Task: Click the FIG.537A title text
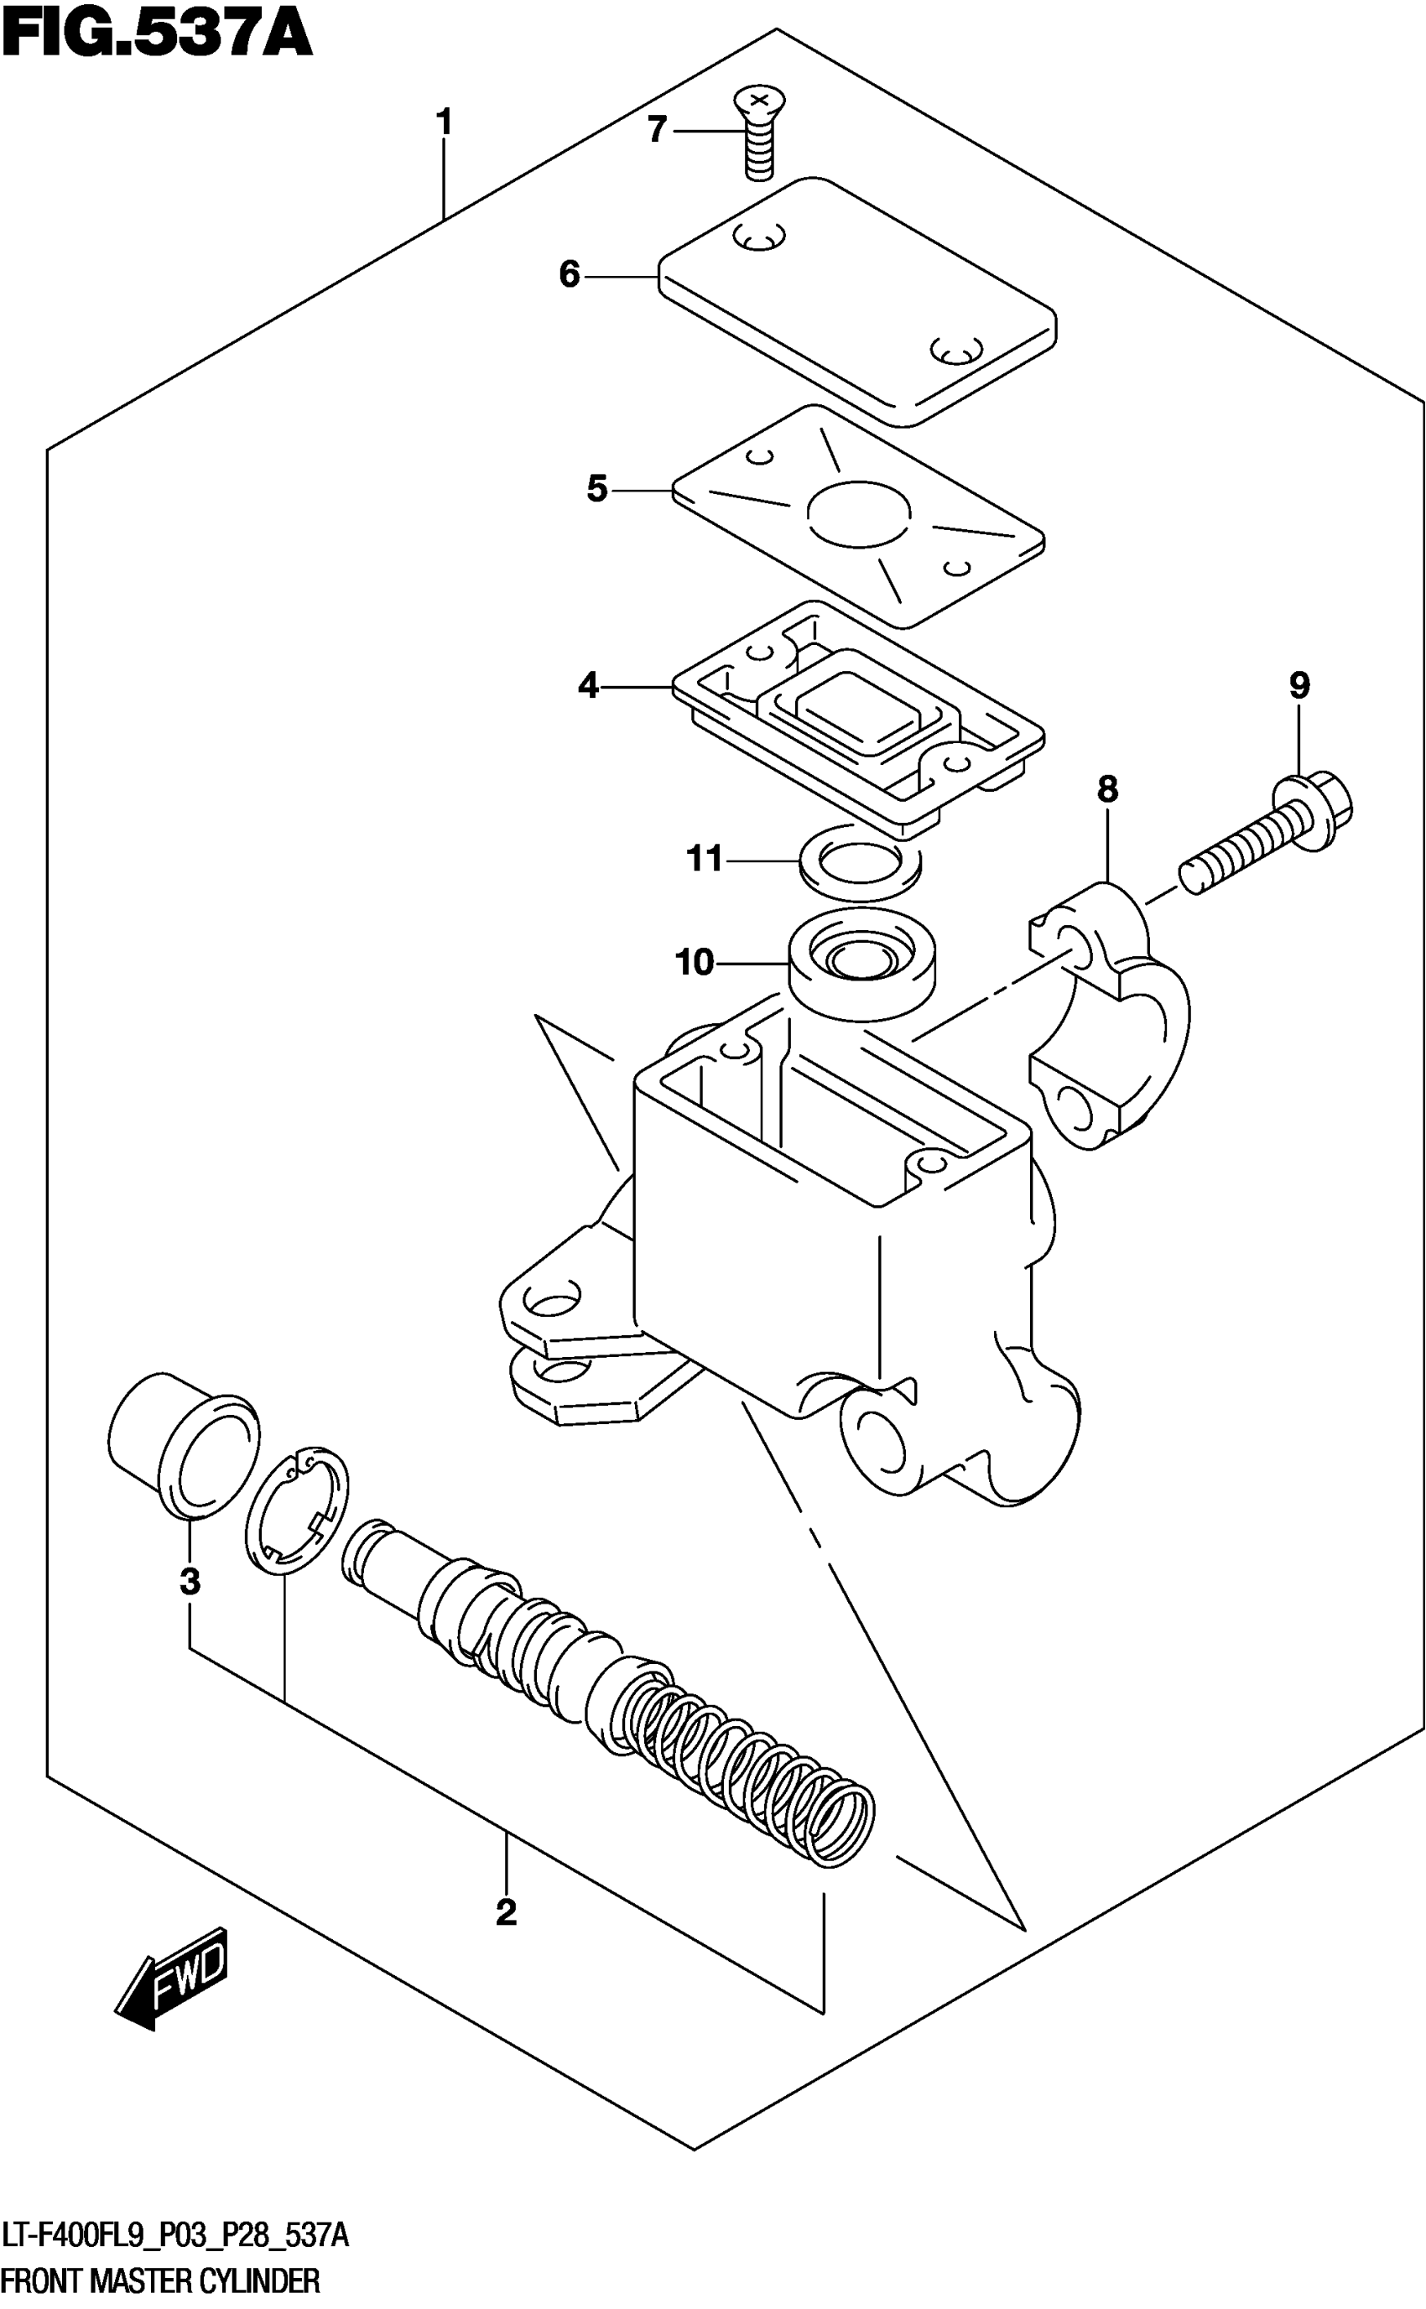157,36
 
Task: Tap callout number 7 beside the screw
658,129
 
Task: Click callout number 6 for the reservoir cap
569,274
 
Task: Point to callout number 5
596,489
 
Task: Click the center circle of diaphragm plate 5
859,513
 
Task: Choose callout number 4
589,685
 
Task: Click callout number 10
695,963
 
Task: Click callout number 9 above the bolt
1298,685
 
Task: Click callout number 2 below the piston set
507,1913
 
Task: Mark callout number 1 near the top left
443,122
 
